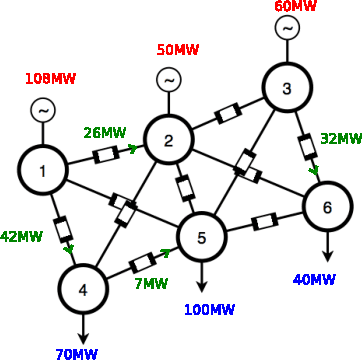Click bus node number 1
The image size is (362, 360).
pyautogui.click(x=44, y=172)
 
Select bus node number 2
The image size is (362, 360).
pyautogui.click(x=169, y=140)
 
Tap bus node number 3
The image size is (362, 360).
pyautogui.click(x=287, y=90)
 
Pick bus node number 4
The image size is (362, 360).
pyautogui.click(x=83, y=290)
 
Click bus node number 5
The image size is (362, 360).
pyautogui.click(x=202, y=237)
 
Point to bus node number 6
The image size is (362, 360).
pyautogui.click(x=326, y=208)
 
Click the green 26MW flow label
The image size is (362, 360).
pyautogui.click(x=105, y=131)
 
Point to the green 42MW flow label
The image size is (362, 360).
pyautogui.click(x=22, y=238)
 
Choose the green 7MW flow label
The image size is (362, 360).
pyautogui.click(x=151, y=283)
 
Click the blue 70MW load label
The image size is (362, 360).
pyautogui.click(x=77, y=353)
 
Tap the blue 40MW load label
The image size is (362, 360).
pyautogui.click(x=315, y=279)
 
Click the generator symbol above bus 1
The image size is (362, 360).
pyautogui.click(x=44, y=110)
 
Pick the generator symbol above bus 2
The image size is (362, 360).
pyautogui.click(x=169, y=80)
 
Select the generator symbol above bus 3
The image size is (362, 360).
pyautogui.click(x=287, y=29)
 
